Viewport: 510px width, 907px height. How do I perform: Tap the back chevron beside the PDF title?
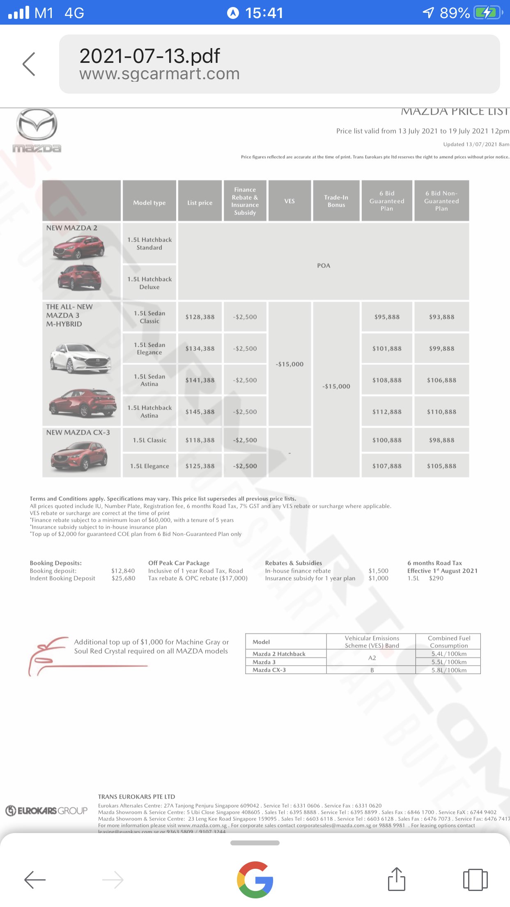pyautogui.click(x=29, y=64)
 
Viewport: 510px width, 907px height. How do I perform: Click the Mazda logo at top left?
pyautogui.click(x=37, y=130)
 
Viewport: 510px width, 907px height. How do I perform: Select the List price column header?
pyautogui.click(x=200, y=203)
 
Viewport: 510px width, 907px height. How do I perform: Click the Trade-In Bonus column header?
pyautogui.click(x=336, y=201)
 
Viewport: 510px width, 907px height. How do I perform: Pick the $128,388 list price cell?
pyautogui.click(x=200, y=317)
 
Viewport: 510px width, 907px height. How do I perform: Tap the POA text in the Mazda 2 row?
pyautogui.click(x=324, y=265)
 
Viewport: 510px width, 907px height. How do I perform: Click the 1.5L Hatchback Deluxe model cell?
pyautogui.click(x=149, y=283)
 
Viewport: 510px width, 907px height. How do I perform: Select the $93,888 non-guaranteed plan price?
pyautogui.click(x=441, y=317)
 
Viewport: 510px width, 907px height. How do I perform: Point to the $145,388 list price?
pyautogui.click(x=200, y=412)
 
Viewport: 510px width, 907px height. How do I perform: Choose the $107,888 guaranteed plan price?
pyautogui.click(x=387, y=466)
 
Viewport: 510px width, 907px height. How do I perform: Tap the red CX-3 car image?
pyautogui.click(x=79, y=456)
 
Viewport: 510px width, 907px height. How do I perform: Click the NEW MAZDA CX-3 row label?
pyautogui.click(x=78, y=433)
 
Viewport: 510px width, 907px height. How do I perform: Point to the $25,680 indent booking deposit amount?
pyautogui.click(x=123, y=578)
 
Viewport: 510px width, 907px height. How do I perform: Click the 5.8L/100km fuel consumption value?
pyautogui.click(x=449, y=670)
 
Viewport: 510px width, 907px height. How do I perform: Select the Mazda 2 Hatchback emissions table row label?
pyautogui.click(x=279, y=654)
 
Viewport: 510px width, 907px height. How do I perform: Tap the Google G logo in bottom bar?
pyautogui.click(x=255, y=879)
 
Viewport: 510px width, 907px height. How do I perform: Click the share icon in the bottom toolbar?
pyautogui.click(x=397, y=879)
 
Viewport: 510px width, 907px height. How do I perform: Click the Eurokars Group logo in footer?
pyautogui.click(x=46, y=810)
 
